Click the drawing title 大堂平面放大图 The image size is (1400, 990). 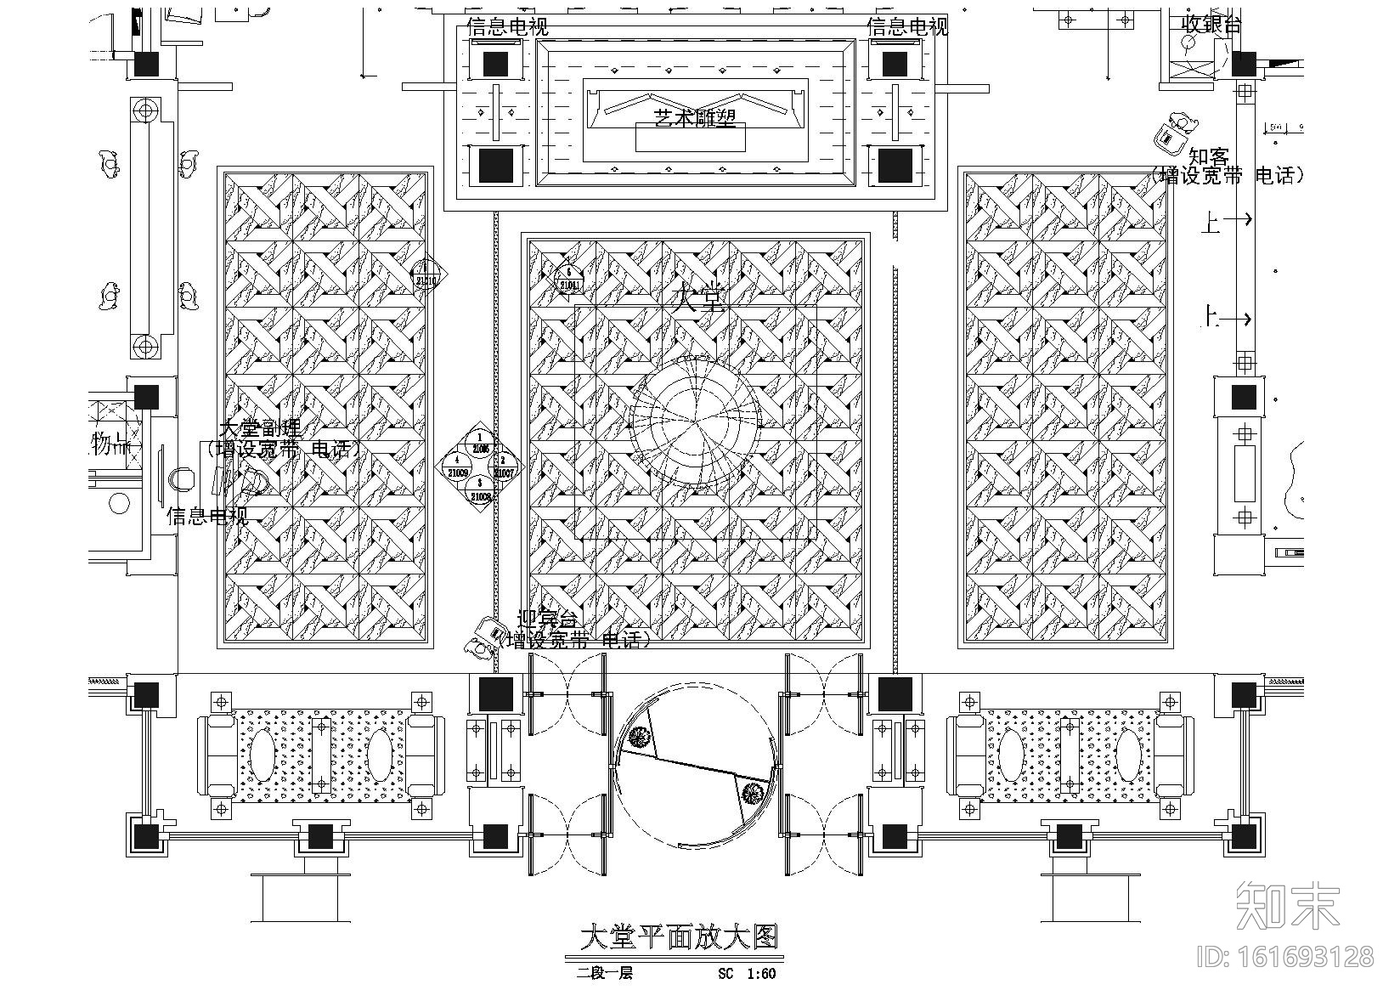678,938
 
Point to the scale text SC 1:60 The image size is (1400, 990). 746,974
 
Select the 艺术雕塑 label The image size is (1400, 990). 694,118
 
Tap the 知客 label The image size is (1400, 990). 1208,157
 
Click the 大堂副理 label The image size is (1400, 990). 260,428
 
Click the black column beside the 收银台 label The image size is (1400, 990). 1244,63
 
